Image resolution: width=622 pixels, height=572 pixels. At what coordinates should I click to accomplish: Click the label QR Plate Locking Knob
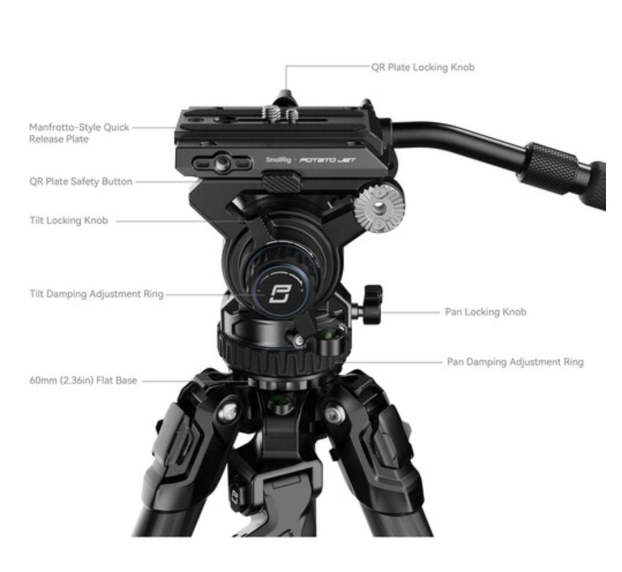[422, 67]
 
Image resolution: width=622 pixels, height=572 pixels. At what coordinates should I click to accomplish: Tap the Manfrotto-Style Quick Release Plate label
[79, 133]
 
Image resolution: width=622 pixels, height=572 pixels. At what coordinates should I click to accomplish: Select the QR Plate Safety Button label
[81, 182]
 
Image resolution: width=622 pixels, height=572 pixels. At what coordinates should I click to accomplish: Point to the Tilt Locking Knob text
[69, 221]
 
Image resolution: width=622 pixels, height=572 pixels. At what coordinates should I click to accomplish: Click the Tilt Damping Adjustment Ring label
[96, 294]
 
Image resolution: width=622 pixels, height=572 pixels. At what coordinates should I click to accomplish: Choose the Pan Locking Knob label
[485, 312]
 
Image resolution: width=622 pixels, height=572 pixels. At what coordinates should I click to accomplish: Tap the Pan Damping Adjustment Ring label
[515, 362]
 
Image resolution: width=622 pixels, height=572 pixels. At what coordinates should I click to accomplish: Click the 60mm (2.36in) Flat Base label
[83, 381]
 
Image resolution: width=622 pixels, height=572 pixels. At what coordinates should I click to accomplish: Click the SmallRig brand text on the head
[277, 160]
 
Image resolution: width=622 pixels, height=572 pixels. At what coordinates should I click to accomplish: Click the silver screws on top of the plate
[280, 112]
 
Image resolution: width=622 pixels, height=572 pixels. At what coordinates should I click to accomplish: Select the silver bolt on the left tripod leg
[228, 413]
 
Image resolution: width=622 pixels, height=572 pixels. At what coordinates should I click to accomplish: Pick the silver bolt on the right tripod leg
[332, 413]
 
